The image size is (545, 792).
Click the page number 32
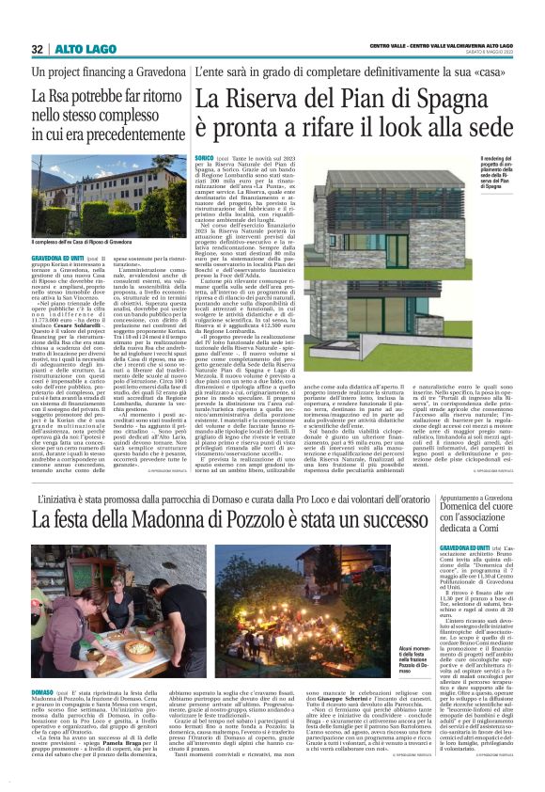pyautogui.click(x=38, y=49)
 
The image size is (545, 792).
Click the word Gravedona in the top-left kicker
pyautogui.click(x=150, y=71)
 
